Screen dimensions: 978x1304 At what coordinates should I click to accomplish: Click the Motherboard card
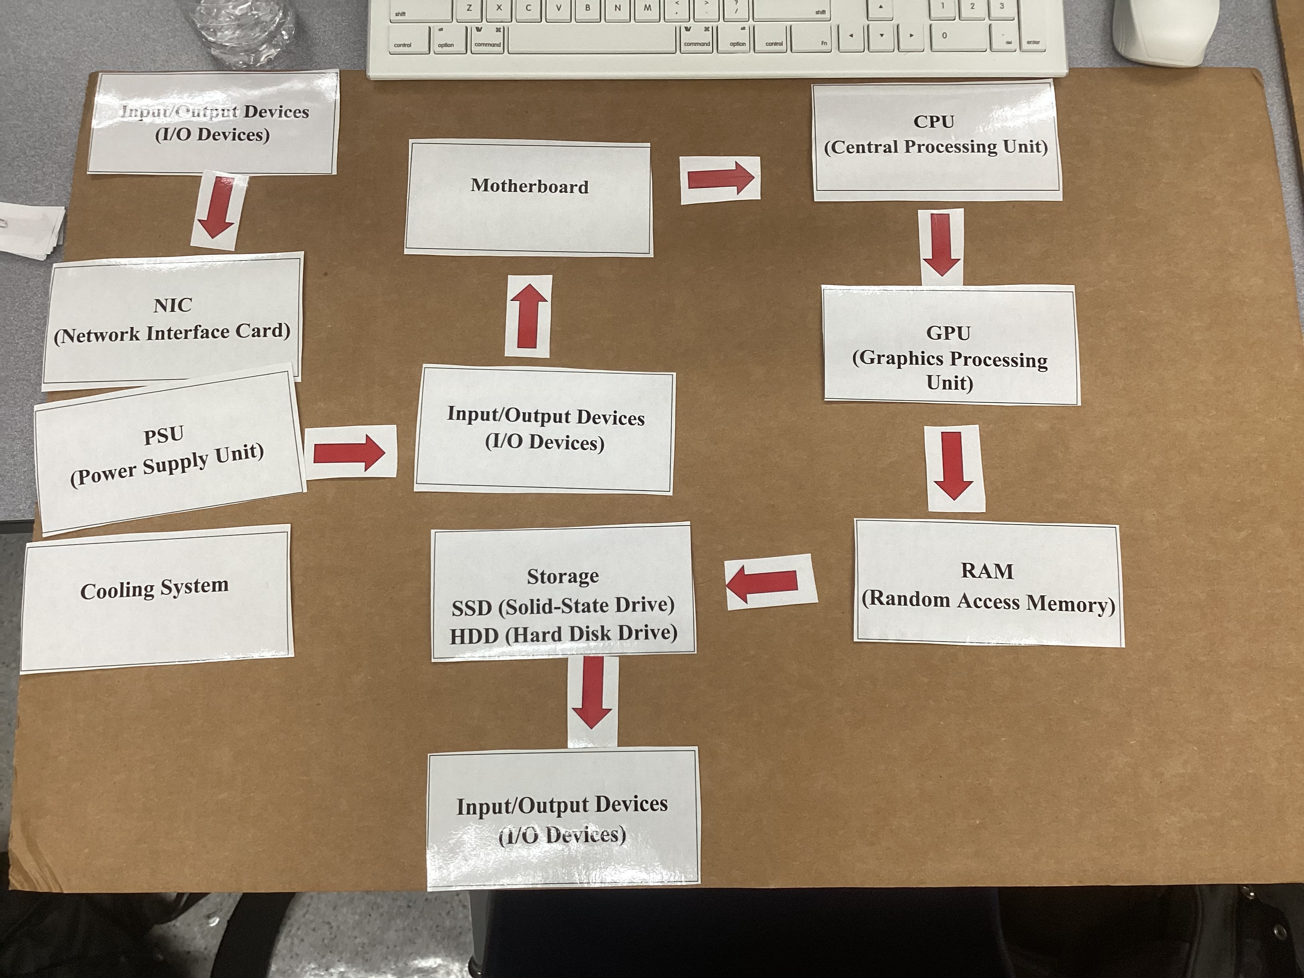529,197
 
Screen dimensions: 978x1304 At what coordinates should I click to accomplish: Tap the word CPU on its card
934,121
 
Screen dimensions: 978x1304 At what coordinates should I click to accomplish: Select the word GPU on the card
948,333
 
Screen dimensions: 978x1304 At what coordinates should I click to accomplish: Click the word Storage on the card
563,576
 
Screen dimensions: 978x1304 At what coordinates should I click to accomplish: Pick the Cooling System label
155,589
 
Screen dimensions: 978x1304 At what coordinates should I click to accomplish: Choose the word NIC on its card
173,305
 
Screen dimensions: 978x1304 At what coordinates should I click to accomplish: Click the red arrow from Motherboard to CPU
720,179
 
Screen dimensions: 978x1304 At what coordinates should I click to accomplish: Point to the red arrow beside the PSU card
349,453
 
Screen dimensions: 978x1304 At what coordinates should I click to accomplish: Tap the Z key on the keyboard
469,8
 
